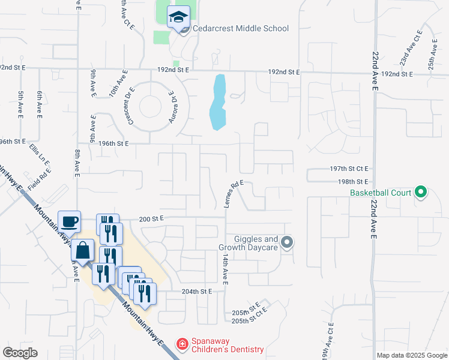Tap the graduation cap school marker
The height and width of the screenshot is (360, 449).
178,17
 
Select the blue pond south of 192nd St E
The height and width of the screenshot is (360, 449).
218,102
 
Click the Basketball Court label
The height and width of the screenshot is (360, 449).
381,193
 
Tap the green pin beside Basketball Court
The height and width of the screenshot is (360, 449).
421,193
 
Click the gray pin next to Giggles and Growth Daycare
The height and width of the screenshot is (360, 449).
287,242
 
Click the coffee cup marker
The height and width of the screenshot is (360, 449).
69,221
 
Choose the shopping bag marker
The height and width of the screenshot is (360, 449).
82,251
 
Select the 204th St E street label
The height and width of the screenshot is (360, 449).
198,292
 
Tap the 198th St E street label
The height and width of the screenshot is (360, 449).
353,181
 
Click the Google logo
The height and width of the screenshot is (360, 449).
20,352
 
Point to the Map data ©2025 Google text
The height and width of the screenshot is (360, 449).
412,355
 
